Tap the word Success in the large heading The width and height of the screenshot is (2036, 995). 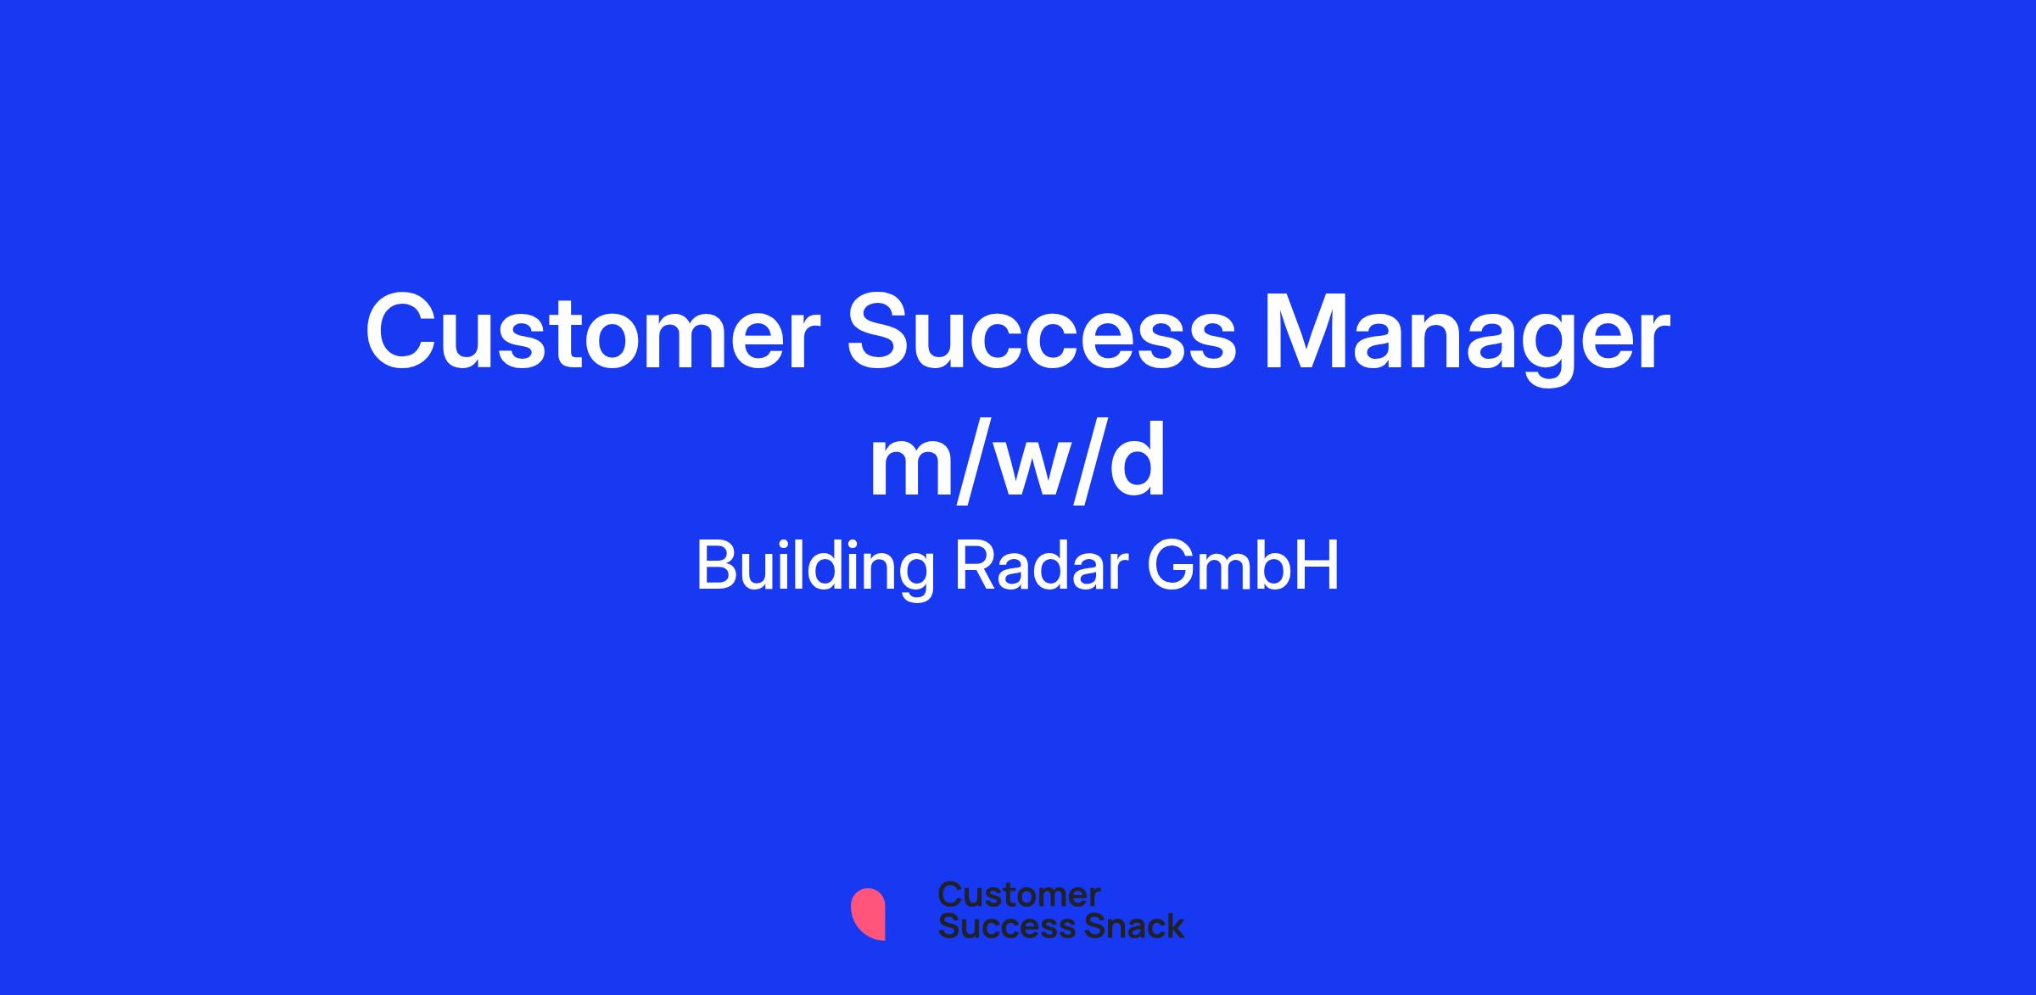[1043, 332]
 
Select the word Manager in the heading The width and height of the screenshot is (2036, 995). [1468, 339]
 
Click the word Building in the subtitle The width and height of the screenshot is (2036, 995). [814, 568]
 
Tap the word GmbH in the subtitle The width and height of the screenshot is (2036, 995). [1243, 566]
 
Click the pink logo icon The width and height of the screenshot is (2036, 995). [868, 914]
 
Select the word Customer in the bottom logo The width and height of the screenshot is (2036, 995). [1019, 895]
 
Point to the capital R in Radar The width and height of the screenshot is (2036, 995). [974, 566]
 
